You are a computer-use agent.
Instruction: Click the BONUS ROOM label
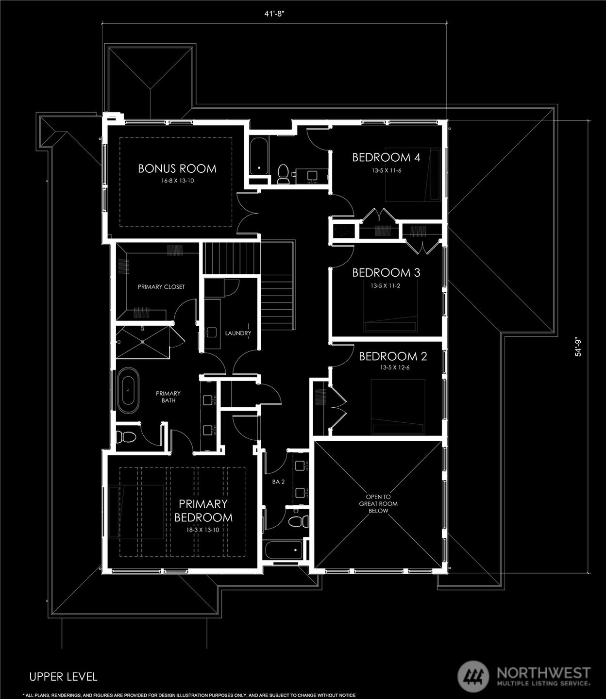tap(177, 168)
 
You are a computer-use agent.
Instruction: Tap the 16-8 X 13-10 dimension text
tap(177, 181)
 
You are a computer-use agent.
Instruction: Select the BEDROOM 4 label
tap(386, 157)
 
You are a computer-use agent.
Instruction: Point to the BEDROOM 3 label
tap(386, 273)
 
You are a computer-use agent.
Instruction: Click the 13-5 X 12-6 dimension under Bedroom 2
tap(394, 367)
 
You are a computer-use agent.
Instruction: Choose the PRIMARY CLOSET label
tap(161, 287)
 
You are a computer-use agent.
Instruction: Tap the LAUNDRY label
tap(238, 333)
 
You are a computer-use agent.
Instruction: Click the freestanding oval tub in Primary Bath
tap(128, 390)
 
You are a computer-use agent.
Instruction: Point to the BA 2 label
tap(278, 482)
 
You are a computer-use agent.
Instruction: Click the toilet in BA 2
tap(299, 521)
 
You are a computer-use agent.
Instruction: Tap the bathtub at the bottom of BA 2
tap(284, 550)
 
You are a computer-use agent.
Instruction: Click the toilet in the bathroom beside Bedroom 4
tap(282, 174)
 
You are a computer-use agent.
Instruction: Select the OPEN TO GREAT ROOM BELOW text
tap(378, 504)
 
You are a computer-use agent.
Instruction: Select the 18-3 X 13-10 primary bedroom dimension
tap(202, 530)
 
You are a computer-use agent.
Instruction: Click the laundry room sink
tap(212, 332)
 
